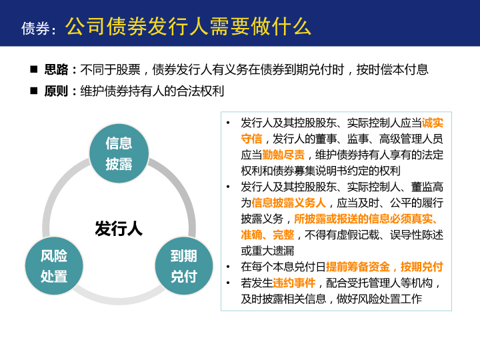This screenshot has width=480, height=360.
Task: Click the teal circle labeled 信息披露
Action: [119, 153]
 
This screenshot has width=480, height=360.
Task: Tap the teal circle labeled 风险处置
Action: [54, 266]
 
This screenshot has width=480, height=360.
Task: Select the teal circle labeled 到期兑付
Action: [184, 266]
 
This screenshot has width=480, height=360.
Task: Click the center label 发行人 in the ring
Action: [119, 229]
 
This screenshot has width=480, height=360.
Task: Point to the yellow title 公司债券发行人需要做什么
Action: [188, 27]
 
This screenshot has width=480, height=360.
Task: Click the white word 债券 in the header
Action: [35, 29]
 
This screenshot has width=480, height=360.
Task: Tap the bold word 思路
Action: [56, 69]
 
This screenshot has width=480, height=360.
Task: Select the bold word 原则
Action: [56, 91]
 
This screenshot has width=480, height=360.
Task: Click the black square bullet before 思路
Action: [34, 69]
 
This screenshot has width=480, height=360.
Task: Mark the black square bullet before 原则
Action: [34, 91]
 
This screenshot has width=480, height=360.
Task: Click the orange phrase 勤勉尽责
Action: [283, 155]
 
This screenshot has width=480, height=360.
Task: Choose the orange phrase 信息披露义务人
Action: [289, 203]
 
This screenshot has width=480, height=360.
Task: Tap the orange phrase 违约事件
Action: [294, 283]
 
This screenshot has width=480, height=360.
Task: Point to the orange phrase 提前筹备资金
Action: [358, 267]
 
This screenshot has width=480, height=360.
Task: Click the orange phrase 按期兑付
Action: [422, 267]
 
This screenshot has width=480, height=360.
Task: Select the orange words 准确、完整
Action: [267, 235]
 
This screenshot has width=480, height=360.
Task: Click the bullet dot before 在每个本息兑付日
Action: [228, 267]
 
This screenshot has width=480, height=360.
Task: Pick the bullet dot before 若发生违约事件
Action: [228, 283]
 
